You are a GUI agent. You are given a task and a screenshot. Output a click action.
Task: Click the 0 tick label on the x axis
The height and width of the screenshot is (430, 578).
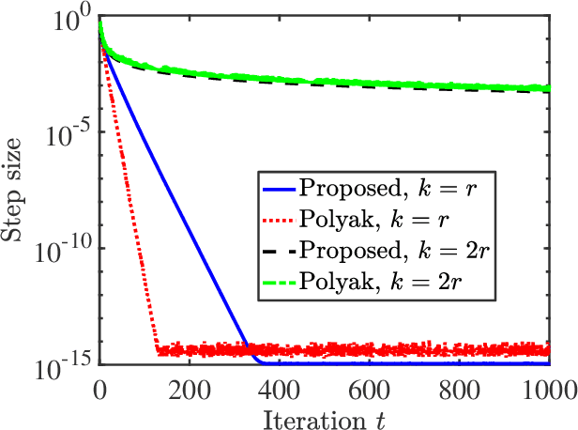(x=99, y=384)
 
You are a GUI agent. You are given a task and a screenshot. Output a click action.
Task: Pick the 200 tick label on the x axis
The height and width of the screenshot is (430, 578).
(x=190, y=384)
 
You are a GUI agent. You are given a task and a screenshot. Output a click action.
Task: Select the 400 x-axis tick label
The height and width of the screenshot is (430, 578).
(x=280, y=384)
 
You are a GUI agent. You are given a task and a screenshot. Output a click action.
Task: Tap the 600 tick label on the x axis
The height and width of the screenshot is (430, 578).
(x=369, y=384)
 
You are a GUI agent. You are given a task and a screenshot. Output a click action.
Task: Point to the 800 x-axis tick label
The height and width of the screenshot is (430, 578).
(x=459, y=384)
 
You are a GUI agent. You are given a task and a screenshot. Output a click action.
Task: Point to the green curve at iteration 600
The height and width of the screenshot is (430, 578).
(x=369, y=81)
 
